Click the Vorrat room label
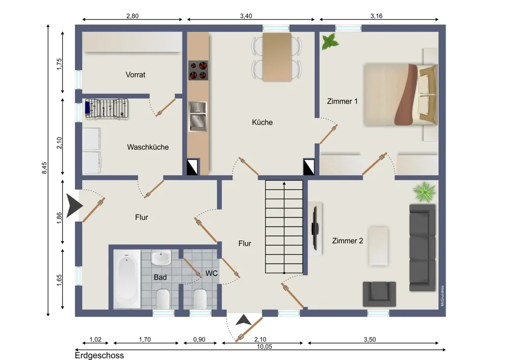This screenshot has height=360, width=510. (135, 74)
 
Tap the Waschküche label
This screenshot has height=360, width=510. (148, 147)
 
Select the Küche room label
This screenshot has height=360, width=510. (262, 122)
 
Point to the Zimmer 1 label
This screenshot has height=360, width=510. (342, 101)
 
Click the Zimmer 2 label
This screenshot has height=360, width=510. (347, 241)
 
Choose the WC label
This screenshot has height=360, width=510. (212, 273)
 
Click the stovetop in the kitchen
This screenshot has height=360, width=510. (198, 70)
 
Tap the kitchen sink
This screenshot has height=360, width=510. (198, 116)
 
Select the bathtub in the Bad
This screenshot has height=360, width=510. (127, 279)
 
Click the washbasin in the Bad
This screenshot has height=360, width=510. (161, 258)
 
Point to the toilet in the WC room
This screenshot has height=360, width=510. (200, 298)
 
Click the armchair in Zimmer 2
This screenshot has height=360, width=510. (379, 294)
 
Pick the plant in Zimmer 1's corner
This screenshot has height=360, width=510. (330, 42)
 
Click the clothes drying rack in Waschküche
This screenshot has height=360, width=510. (107, 109)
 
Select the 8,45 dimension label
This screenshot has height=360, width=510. (44, 168)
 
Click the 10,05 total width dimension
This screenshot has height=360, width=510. (264, 347)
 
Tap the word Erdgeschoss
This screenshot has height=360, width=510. (99, 355)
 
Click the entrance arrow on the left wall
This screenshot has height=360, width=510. (74, 205)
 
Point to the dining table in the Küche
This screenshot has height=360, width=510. (277, 57)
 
